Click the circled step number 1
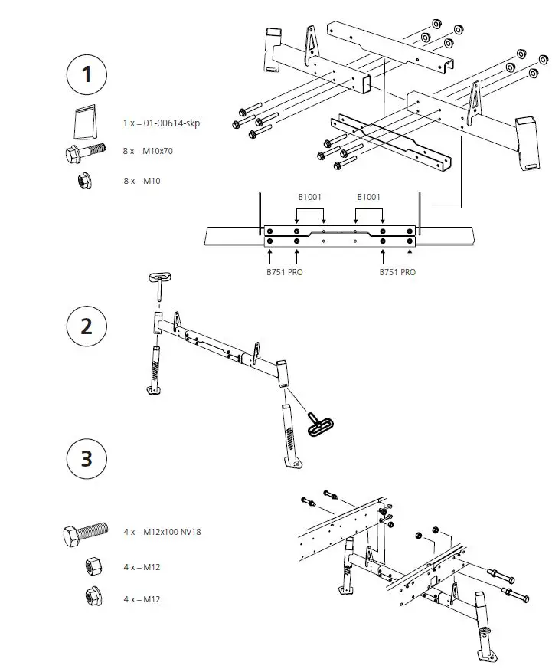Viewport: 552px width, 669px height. (x=87, y=74)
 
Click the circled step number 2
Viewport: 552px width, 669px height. (x=87, y=326)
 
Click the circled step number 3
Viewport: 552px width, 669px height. (x=87, y=458)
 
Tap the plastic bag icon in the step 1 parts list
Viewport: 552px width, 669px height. (x=84, y=121)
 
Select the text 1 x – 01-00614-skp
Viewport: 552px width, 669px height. (x=161, y=123)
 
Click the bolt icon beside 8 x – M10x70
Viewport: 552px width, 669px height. (x=85, y=152)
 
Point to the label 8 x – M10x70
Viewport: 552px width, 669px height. (x=148, y=152)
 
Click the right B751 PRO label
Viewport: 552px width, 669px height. (x=397, y=272)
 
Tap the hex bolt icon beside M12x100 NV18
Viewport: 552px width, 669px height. (x=86, y=533)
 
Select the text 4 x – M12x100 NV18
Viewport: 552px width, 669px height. (x=167, y=532)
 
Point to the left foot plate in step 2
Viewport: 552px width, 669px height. (x=155, y=391)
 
